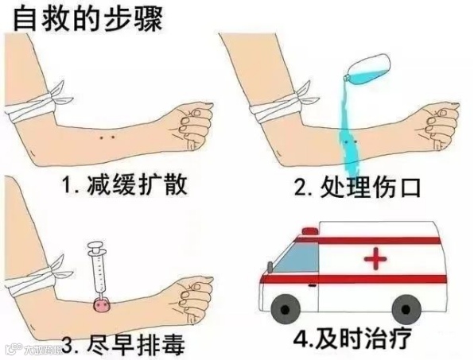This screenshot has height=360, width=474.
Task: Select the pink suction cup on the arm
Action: tap(102, 303)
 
